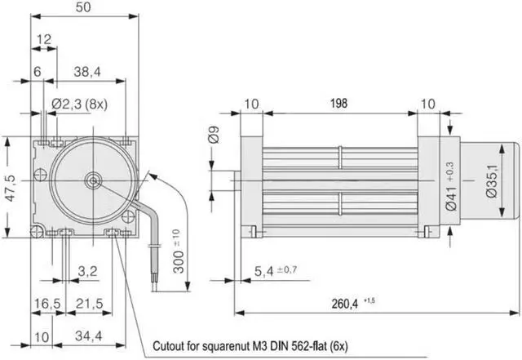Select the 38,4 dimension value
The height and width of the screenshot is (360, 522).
pyautogui.click(x=86, y=73)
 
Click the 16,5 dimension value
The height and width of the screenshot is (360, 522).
pyautogui.click(x=46, y=304)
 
